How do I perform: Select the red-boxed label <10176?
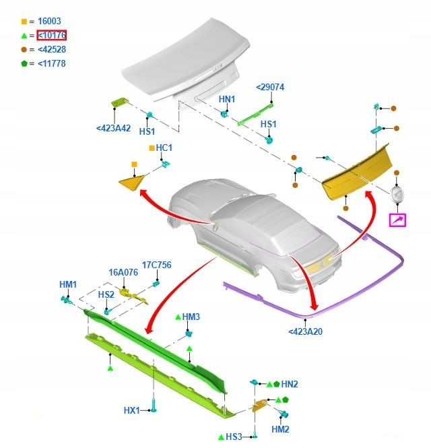pos(51,36)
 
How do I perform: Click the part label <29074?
pos(270,88)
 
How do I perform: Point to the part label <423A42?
pos(113,129)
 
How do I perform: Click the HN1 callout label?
pos(227,100)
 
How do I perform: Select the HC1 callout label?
pos(164,148)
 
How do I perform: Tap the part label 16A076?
pos(123,273)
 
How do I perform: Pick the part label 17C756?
pos(156,265)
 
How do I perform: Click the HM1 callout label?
pos(68,285)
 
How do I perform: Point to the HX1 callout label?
pos(131,410)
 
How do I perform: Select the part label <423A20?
pos(305,331)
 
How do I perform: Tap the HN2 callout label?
pos(290,384)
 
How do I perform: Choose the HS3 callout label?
pos(234,437)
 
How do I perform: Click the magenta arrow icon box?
pos(398,220)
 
